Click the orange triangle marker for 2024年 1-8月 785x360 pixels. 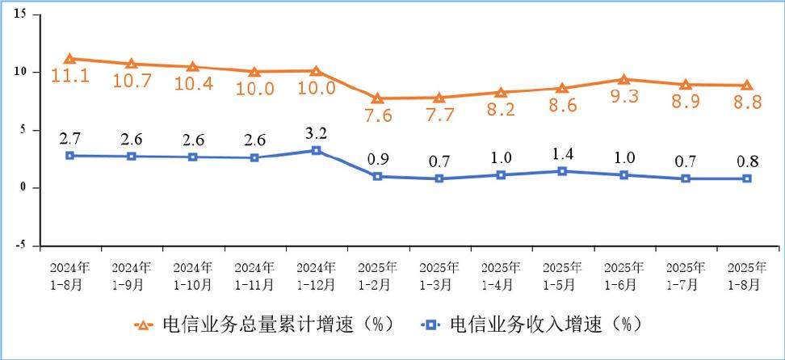tap(69, 58)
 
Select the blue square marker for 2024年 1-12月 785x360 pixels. tap(316, 151)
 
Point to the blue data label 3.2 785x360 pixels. tap(316, 133)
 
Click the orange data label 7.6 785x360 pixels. tap(377, 115)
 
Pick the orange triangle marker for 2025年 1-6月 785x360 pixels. tap(623, 79)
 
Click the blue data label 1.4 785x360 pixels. tap(562, 153)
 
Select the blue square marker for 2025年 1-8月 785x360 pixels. tap(747, 178)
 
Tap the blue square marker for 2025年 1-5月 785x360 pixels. tap(562, 171)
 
